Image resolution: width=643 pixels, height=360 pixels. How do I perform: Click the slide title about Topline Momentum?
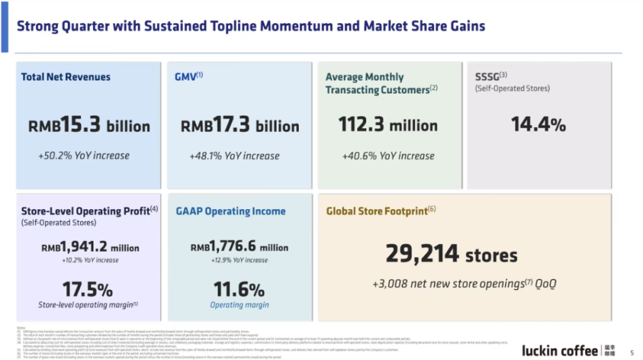pos(251,26)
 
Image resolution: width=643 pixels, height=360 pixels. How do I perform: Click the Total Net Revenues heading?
pos(65,77)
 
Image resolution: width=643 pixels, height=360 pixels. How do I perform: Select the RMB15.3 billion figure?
pos(89,125)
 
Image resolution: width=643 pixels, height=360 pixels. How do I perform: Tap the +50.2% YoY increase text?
pos(84,155)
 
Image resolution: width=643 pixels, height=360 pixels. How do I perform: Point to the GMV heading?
pos(188,77)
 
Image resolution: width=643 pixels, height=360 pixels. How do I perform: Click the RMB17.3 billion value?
pos(240,125)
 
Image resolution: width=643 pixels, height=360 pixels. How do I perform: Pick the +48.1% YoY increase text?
pos(234,155)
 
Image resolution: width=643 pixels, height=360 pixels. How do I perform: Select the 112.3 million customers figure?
pos(388,124)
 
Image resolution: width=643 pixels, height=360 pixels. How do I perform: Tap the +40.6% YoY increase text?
pos(388,155)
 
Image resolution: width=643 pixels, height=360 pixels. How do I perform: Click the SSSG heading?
pos(491,77)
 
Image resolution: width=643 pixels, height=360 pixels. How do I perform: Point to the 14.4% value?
pos(538,124)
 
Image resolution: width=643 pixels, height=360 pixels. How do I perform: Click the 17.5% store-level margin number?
pos(87,290)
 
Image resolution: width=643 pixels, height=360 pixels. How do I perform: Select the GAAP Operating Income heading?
pos(230,211)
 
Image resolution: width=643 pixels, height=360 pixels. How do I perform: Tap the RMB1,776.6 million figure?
pos(239,247)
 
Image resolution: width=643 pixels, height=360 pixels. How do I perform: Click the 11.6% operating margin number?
pos(239,290)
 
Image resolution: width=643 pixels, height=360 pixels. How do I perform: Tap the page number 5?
pos(632,352)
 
